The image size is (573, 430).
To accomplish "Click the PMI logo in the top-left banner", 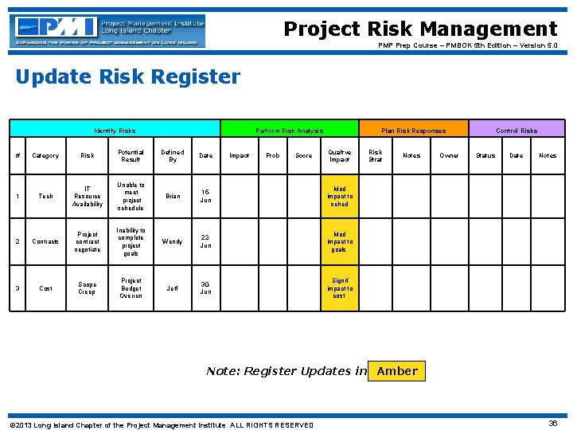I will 107,30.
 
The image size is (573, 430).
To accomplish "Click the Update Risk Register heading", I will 127,77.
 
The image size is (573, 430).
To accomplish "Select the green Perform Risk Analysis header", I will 289,130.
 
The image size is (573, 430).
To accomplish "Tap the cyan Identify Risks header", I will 115,130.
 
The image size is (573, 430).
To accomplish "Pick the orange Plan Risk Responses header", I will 413,130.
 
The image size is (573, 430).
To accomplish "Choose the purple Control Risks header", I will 516,130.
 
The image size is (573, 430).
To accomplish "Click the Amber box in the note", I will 397,371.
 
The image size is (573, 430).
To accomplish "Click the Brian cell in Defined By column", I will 172,196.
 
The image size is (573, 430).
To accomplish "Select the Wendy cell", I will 172,241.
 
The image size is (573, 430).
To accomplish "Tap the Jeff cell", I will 172,288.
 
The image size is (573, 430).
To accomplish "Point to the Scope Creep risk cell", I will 88,288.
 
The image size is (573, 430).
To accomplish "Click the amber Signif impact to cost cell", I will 340,288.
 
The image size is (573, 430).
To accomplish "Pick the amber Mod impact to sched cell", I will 340,196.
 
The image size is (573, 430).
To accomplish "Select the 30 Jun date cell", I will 206,288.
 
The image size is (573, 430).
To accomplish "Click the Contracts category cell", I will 45,241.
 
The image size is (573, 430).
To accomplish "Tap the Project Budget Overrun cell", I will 131,288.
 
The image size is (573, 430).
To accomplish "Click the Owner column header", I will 449,156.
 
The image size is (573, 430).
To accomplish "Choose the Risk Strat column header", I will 376,155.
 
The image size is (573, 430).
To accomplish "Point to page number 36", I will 553,424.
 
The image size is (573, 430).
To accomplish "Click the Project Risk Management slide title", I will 420,29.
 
